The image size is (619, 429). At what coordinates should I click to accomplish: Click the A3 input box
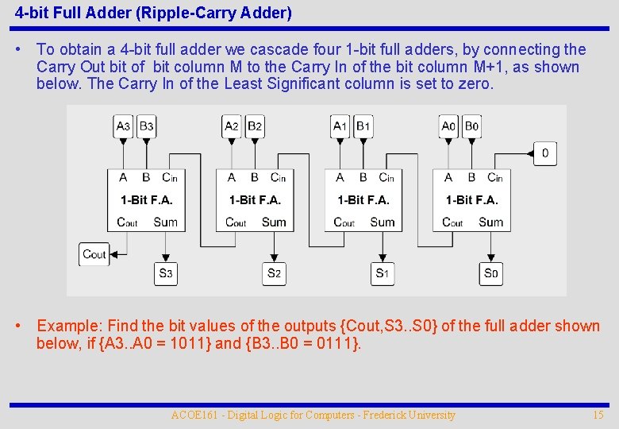[x=123, y=126]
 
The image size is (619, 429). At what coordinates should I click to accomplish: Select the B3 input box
[x=146, y=126]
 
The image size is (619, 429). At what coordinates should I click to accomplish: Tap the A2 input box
[x=232, y=126]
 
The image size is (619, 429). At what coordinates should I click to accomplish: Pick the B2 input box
[x=255, y=126]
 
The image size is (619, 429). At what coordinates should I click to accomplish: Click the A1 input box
[x=340, y=126]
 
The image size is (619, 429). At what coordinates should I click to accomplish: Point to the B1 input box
[x=363, y=126]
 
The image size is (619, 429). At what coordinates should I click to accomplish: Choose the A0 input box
[x=448, y=126]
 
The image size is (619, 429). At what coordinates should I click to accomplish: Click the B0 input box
[x=471, y=126]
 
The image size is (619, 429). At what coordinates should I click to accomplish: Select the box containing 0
[x=545, y=153]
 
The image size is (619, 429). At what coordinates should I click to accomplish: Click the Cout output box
[x=94, y=254]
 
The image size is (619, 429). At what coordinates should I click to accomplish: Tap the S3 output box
[x=165, y=274]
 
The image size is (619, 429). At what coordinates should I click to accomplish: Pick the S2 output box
[x=274, y=274]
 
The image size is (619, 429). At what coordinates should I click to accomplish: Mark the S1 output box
[x=383, y=274]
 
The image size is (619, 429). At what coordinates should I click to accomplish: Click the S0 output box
[x=491, y=274]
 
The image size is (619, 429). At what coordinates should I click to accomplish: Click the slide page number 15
[x=598, y=415]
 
